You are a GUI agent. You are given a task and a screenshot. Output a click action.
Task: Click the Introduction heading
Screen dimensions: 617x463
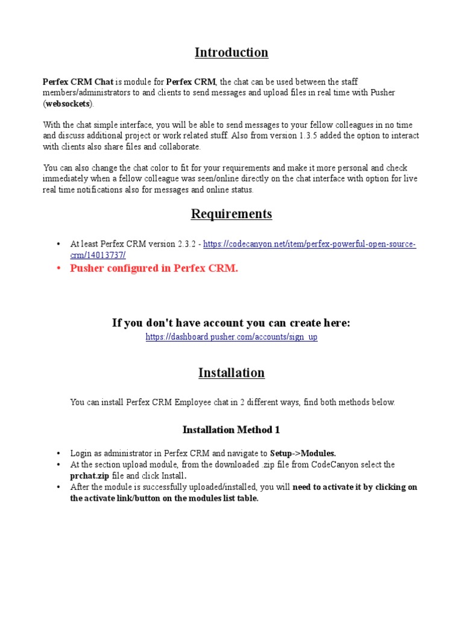pyautogui.click(x=231, y=52)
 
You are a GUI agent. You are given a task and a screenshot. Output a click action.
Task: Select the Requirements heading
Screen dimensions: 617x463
pyautogui.click(x=231, y=214)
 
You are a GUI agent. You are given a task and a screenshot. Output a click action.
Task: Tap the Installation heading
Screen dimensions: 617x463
pyautogui.click(x=231, y=373)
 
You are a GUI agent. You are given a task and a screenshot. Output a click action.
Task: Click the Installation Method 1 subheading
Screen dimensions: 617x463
pyautogui.click(x=231, y=430)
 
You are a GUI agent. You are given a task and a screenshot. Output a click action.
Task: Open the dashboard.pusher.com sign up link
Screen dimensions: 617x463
pyautogui.click(x=231, y=337)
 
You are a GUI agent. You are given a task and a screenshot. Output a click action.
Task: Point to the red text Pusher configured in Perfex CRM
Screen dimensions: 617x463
pyautogui.click(x=154, y=269)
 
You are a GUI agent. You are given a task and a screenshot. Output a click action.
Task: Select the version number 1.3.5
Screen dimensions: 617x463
pyautogui.click(x=310, y=136)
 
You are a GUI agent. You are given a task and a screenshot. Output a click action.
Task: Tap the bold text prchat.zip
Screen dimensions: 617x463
pyautogui.click(x=92, y=476)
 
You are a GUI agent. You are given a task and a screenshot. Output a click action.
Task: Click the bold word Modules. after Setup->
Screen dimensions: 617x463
pyautogui.click(x=318, y=453)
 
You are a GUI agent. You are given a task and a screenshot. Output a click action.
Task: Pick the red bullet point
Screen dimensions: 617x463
pyautogui.click(x=58, y=269)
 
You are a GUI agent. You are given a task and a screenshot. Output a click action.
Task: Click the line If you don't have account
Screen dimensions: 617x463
pyautogui.click(x=231, y=324)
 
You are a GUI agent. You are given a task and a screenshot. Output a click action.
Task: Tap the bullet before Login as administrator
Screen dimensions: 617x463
pyautogui.click(x=58, y=453)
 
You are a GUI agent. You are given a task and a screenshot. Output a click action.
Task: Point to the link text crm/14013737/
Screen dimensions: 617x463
pyautogui.click(x=98, y=255)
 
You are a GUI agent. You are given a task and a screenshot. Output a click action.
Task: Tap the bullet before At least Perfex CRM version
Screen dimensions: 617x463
pyautogui.click(x=58, y=244)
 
